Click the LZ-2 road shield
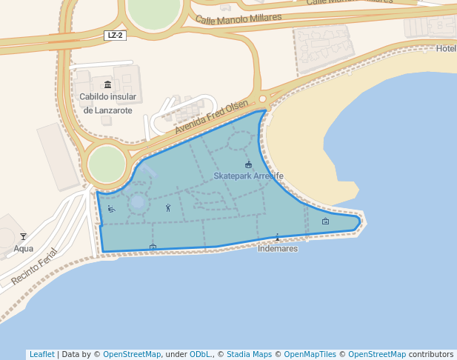click(114, 36)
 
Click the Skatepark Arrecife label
click(248, 176)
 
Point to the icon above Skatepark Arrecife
click(248, 164)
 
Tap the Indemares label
click(278, 249)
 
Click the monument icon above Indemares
click(278, 237)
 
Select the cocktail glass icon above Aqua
click(23, 236)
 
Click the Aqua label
click(23, 249)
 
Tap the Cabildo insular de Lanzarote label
click(107, 104)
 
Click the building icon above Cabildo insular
click(108, 84)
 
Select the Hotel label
click(447, 49)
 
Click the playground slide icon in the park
click(111, 209)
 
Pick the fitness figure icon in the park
click(168, 207)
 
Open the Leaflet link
click(41, 354)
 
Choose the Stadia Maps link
click(249, 354)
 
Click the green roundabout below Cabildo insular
click(107, 163)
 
